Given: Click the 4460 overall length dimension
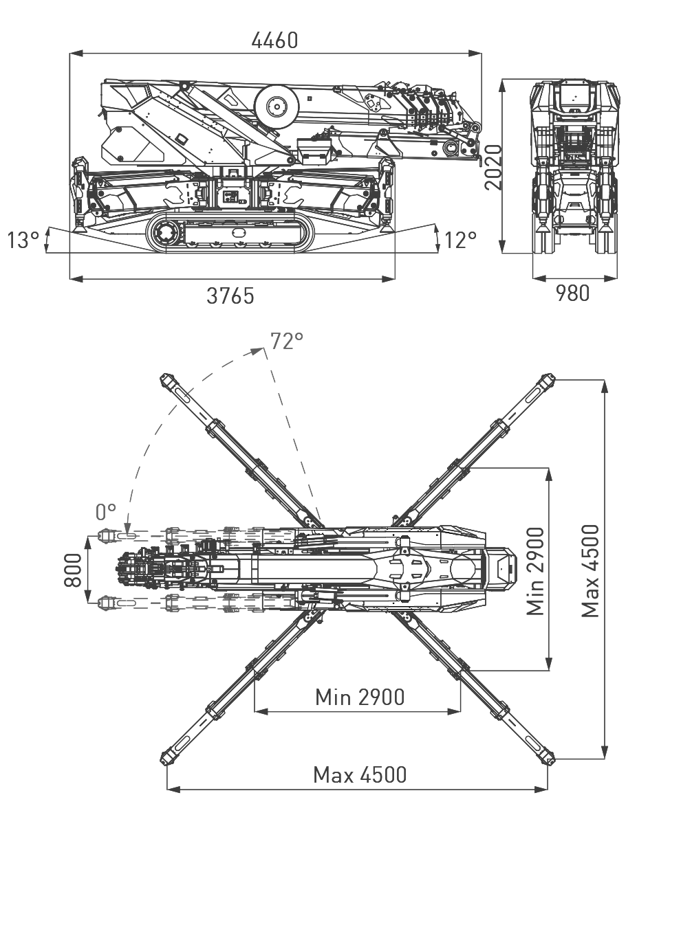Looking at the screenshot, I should coord(274,41).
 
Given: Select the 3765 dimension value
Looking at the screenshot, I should coord(230,296).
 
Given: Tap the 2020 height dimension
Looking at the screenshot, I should coord(490,167).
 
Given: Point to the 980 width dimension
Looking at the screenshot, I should coord(572,293).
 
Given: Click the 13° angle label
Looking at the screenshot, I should coord(23,241).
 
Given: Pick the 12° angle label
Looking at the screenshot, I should coord(460,241).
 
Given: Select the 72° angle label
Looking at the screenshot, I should coord(287,341).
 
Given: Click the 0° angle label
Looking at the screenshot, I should coord(107,511).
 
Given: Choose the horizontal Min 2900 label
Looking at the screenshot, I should coord(360,697).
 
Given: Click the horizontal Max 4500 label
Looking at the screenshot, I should coord(360,775).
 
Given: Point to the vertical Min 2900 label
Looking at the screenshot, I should coord(536,571).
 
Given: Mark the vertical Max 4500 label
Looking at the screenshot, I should coord(590,571).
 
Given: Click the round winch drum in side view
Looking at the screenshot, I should coord(277,106).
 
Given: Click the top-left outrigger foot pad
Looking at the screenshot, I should coord(167,379).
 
